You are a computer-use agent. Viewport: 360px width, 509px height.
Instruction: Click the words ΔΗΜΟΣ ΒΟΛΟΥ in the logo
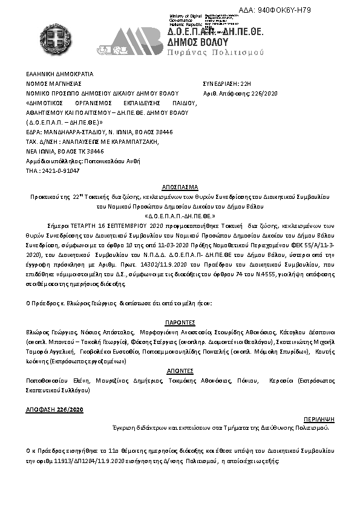coord(198,42)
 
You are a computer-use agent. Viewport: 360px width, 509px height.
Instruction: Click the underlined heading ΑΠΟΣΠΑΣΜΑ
coord(180,188)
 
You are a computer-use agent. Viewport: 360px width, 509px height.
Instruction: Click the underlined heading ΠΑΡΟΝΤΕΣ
coord(180,323)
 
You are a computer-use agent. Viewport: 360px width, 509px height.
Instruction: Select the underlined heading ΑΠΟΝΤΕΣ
coord(180,370)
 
